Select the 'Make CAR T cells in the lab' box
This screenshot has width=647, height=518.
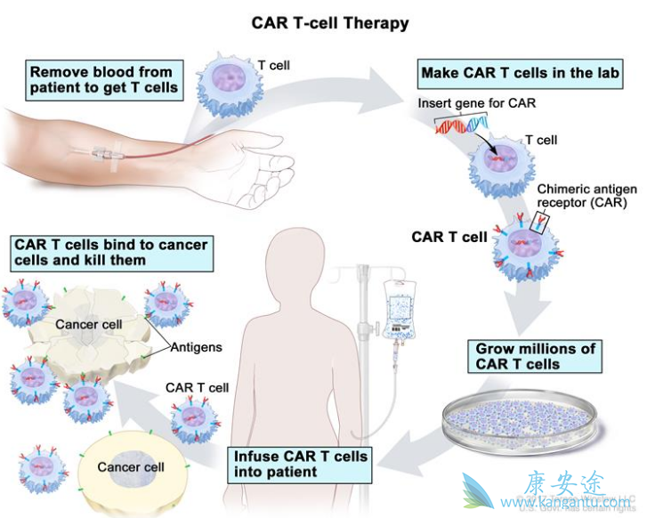point(521,73)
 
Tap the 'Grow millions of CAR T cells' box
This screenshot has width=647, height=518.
point(536,356)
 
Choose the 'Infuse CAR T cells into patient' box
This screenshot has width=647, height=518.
point(300,463)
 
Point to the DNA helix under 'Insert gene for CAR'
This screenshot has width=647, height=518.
point(462,125)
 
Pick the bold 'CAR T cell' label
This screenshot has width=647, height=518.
point(449,238)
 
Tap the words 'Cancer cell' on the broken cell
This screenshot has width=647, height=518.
point(89,325)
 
